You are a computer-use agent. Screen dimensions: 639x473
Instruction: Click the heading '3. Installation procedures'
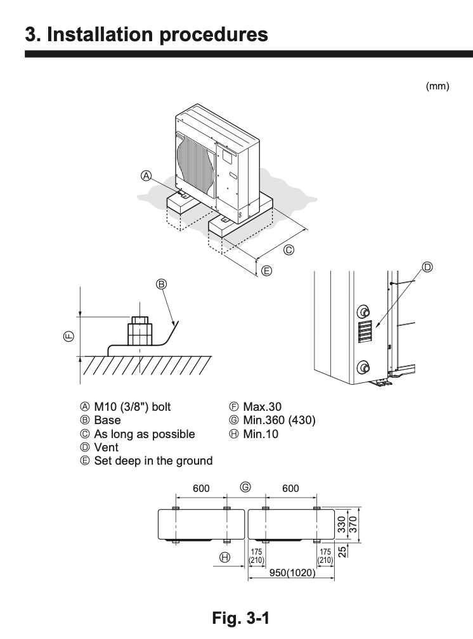[x=146, y=34]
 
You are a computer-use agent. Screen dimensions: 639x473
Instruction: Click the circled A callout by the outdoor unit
[x=146, y=176]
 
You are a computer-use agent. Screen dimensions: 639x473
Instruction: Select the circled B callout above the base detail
[x=161, y=285]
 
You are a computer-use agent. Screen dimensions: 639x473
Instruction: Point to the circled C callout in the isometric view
[x=288, y=250]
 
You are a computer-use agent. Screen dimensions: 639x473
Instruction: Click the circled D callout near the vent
[x=427, y=268]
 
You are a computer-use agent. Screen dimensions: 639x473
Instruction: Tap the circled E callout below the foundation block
[x=267, y=271]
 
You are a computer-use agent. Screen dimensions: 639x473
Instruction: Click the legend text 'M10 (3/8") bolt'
[x=132, y=406]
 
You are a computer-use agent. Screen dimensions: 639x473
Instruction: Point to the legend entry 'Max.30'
[x=262, y=406]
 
